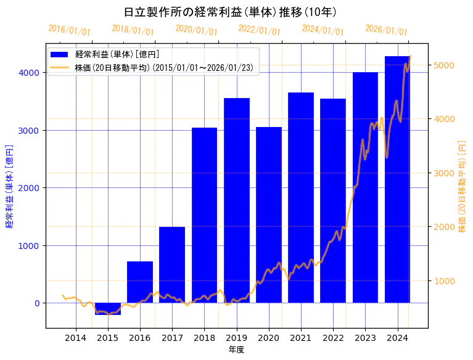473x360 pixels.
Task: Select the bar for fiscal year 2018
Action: pos(205,215)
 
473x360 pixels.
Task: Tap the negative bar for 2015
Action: pos(108,309)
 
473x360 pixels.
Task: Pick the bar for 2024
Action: pos(398,179)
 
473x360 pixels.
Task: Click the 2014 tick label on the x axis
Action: pos(76,338)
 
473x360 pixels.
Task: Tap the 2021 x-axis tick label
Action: pos(301,338)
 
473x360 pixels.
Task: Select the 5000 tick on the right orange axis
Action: pos(445,65)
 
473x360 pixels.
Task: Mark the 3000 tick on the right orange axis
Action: pos(445,173)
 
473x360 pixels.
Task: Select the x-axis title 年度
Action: pos(237,350)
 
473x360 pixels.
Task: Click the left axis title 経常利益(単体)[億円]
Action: pos(9,186)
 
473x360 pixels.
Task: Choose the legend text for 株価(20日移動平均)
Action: pos(164,67)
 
